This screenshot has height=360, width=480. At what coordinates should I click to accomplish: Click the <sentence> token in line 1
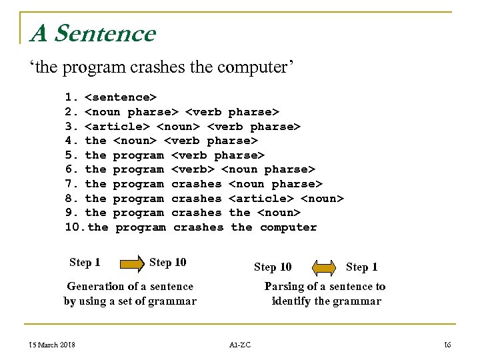click(x=121, y=97)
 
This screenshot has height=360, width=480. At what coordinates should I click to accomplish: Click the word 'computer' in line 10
click(x=288, y=227)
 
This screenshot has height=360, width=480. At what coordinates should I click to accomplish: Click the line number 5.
click(x=72, y=155)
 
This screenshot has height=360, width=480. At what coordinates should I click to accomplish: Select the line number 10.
click(x=74, y=227)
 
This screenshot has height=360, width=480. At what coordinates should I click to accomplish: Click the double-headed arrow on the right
click(x=325, y=268)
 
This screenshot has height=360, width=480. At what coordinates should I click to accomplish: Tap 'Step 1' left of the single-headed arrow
click(x=85, y=263)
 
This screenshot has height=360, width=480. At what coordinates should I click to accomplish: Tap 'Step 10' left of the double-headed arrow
click(x=273, y=267)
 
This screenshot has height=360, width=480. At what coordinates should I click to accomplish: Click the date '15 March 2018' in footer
click(x=51, y=344)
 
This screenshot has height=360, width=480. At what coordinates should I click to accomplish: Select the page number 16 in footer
click(x=447, y=344)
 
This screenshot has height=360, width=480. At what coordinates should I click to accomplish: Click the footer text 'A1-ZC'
click(x=239, y=345)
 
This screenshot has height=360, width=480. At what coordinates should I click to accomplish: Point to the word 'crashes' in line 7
click(x=197, y=183)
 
